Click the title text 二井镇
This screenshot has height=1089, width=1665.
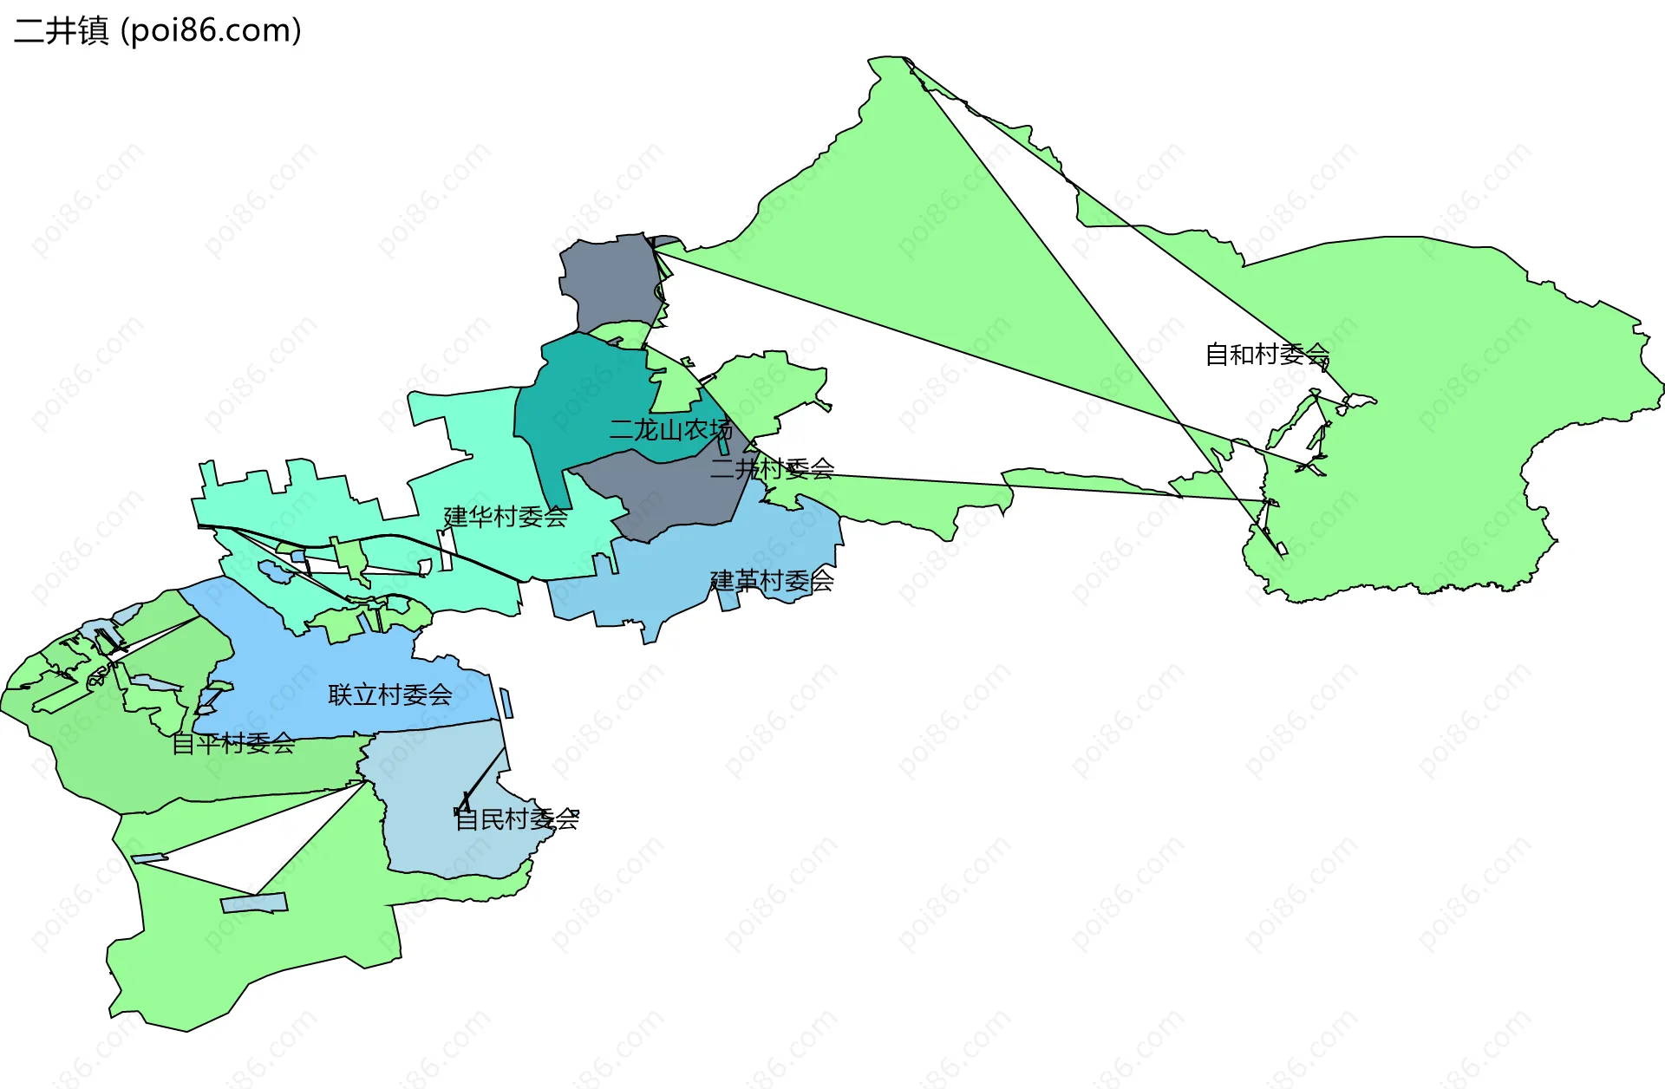pyautogui.click(x=61, y=30)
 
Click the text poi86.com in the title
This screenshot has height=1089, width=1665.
pyautogui.click(x=211, y=30)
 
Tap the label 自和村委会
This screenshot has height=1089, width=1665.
pyautogui.click(x=1267, y=354)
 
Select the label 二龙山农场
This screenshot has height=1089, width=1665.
pyautogui.click(x=670, y=429)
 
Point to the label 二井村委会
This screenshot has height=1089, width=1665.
pyautogui.click(x=772, y=469)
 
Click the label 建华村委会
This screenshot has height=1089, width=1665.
pyautogui.click(x=506, y=517)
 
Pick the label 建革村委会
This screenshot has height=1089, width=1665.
pyautogui.click(x=772, y=580)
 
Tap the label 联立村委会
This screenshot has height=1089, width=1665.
pyautogui.click(x=389, y=694)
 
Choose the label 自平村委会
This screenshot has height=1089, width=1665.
pyautogui.click(x=233, y=743)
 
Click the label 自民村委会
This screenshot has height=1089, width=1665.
pyautogui.click(x=517, y=818)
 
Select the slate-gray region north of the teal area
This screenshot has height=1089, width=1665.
pyautogui.click(x=611, y=282)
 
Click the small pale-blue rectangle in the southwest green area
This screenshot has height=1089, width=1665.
pyautogui.click(x=254, y=903)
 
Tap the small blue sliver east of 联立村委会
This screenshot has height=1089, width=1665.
pyautogui.click(x=506, y=702)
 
